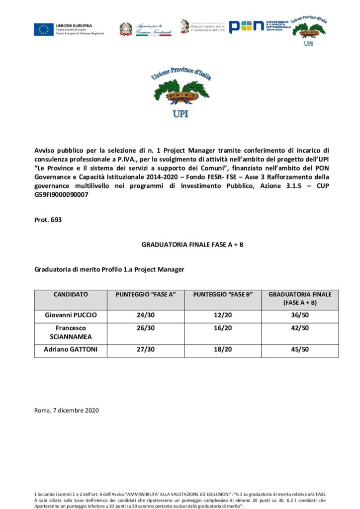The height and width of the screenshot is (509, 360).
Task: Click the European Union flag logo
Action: [x=44, y=29]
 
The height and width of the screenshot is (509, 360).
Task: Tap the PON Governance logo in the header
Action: [x=259, y=27]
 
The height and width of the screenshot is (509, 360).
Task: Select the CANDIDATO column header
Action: [x=71, y=294]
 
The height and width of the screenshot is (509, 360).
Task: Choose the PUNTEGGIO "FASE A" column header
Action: [x=146, y=294]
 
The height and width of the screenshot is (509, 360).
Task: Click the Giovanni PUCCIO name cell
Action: [x=71, y=315]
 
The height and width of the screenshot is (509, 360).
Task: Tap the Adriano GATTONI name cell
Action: [x=71, y=349]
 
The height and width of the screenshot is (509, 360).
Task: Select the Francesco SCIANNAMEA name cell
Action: [x=71, y=332]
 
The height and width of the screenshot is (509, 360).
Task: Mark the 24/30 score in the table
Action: [x=146, y=315]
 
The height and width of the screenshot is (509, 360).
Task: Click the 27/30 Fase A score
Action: [x=146, y=349]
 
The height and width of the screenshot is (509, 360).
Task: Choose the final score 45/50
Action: [x=300, y=349]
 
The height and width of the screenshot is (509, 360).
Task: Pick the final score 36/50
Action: [x=300, y=315]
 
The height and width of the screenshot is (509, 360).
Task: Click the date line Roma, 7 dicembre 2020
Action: [x=67, y=410]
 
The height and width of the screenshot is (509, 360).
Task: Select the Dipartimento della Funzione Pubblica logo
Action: [x=203, y=27]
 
